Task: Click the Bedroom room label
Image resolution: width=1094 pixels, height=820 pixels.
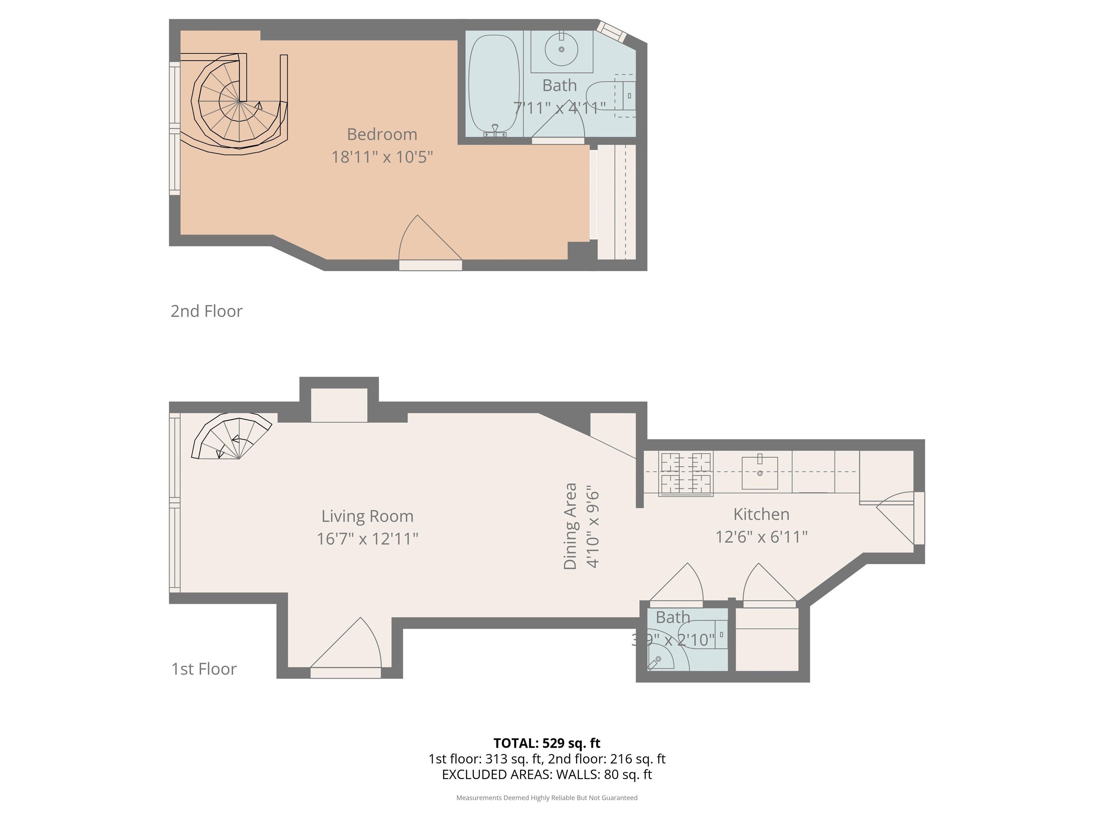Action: [x=382, y=135]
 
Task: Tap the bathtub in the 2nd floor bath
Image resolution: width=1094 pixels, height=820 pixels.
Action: [x=494, y=85]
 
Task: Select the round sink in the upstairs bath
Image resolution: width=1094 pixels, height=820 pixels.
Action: [x=561, y=49]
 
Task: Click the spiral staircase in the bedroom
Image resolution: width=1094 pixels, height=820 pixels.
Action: [x=234, y=104]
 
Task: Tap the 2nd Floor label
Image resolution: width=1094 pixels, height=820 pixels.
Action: [x=206, y=311]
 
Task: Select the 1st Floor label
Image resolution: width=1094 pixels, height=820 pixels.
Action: [x=204, y=669]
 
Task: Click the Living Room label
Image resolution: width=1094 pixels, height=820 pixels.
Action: [x=368, y=516]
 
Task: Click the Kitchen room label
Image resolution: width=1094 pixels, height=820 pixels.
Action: [x=761, y=514]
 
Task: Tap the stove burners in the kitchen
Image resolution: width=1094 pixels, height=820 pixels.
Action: [x=686, y=473]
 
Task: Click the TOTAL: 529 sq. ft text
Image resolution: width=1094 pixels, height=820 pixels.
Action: [x=547, y=743]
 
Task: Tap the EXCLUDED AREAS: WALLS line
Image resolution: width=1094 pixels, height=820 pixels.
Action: [x=547, y=774]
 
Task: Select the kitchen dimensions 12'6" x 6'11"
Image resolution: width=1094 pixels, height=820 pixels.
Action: [x=761, y=537]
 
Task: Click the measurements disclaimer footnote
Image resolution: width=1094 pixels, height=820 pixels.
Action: [x=547, y=798]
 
